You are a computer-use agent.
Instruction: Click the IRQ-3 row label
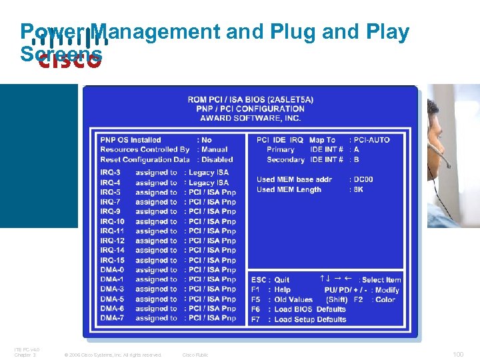(111, 173)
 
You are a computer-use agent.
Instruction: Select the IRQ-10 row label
(113, 221)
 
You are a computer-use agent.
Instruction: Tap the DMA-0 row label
(112, 270)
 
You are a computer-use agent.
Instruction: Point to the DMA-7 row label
(112, 319)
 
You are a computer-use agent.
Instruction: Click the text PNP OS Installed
(131, 140)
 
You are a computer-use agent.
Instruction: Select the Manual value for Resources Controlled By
(214, 150)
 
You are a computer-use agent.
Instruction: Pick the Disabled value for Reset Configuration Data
(217, 160)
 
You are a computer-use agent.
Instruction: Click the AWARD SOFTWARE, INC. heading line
(251, 119)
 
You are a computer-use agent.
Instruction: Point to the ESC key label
(259, 280)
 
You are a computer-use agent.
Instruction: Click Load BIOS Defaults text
(310, 309)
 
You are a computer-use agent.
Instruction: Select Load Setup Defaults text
(311, 319)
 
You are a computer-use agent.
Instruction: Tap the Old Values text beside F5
(293, 300)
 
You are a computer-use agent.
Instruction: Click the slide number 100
(458, 355)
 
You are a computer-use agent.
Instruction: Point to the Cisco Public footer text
(195, 355)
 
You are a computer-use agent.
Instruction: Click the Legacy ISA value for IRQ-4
(209, 183)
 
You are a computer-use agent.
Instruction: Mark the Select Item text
(382, 280)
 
